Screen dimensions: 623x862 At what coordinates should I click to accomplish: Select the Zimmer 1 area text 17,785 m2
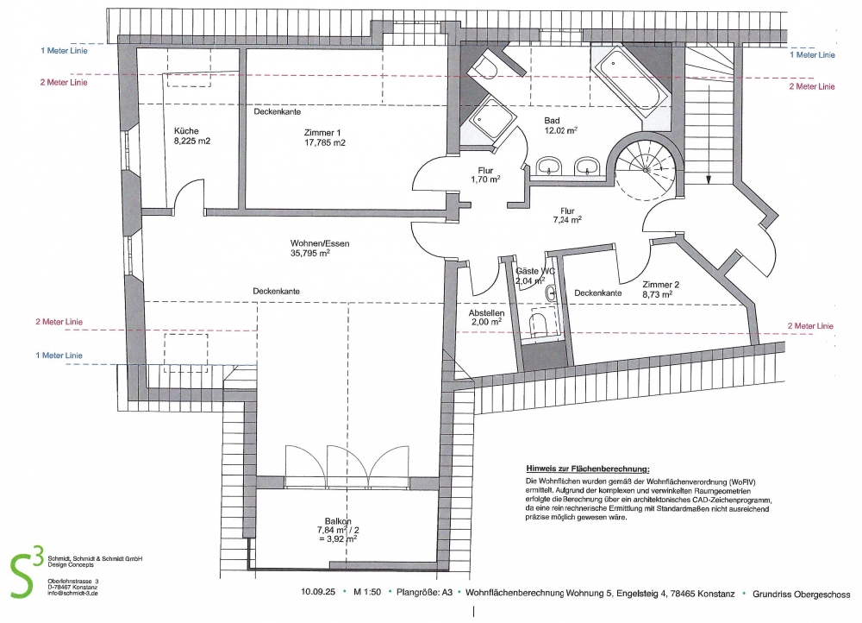click(324, 142)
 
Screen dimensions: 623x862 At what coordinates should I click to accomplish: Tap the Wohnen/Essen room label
click(320, 243)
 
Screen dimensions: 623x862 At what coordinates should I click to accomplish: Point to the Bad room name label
click(553, 120)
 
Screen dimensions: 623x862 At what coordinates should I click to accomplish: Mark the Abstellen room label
click(487, 313)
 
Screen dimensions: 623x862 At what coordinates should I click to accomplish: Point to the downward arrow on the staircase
click(709, 177)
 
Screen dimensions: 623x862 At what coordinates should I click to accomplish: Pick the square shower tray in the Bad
click(490, 121)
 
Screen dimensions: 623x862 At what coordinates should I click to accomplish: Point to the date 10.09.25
click(317, 594)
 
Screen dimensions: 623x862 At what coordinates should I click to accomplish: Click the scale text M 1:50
click(370, 594)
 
